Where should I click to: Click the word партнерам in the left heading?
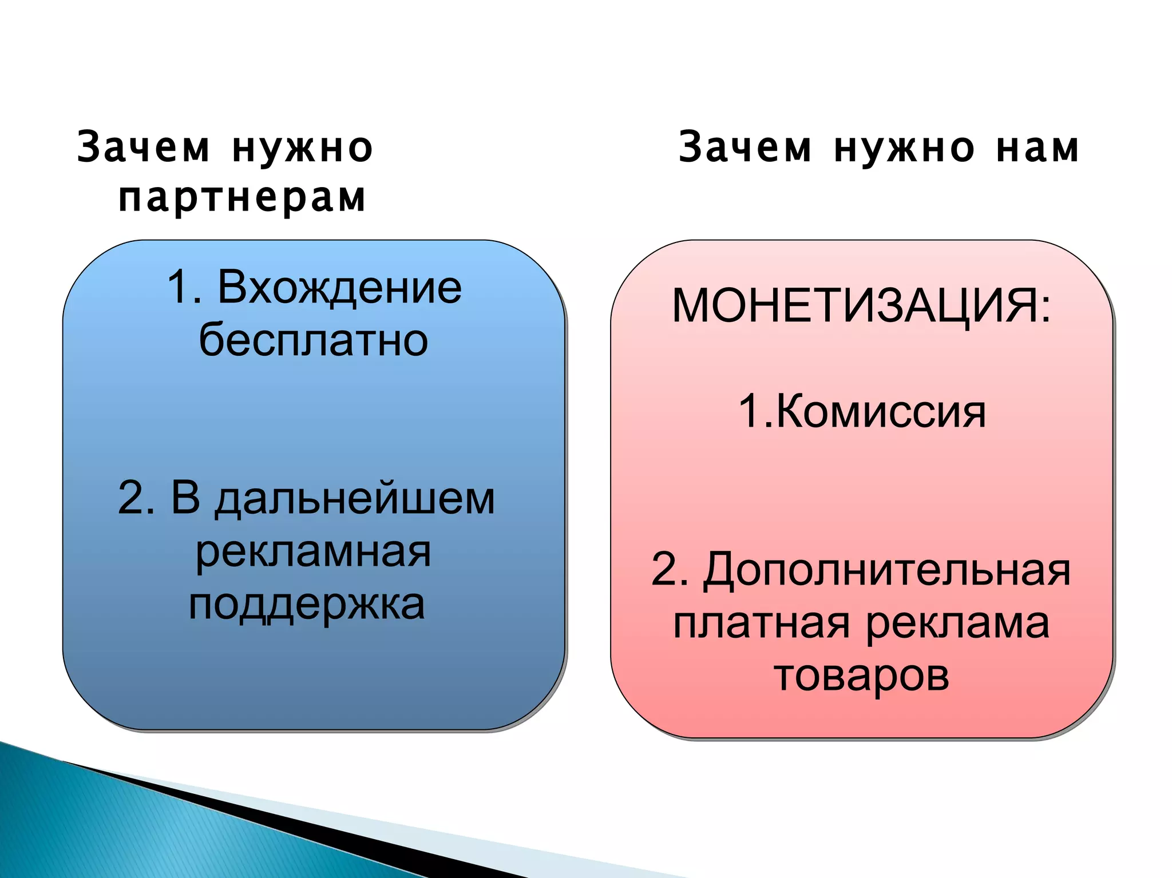tap(242, 198)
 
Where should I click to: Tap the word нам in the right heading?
tap(1038, 148)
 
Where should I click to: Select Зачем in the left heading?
tap(143, 148)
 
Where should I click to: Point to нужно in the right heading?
tap(904, 148)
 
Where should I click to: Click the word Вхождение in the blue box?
tap(339, 287)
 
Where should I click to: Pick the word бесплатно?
tap(314, 340)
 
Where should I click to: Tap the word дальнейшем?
tap(355, 498)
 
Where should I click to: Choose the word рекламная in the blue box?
tap(313, 551)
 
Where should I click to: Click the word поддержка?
tap(307, 605)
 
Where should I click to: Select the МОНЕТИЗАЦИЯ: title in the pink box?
tap(861, 306)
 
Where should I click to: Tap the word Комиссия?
tap(881, 411)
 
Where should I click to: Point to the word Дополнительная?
tap(887, 570)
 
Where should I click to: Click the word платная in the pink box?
tap(761, 623)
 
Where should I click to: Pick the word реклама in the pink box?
tap(957, 623)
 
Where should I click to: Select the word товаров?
tap(861, 676)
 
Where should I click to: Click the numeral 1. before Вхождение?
tap(184, 287)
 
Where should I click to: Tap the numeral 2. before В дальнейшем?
tap(136, 498)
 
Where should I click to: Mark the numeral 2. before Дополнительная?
tap(670, 570)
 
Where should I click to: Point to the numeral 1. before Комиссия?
tap(754, 411)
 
